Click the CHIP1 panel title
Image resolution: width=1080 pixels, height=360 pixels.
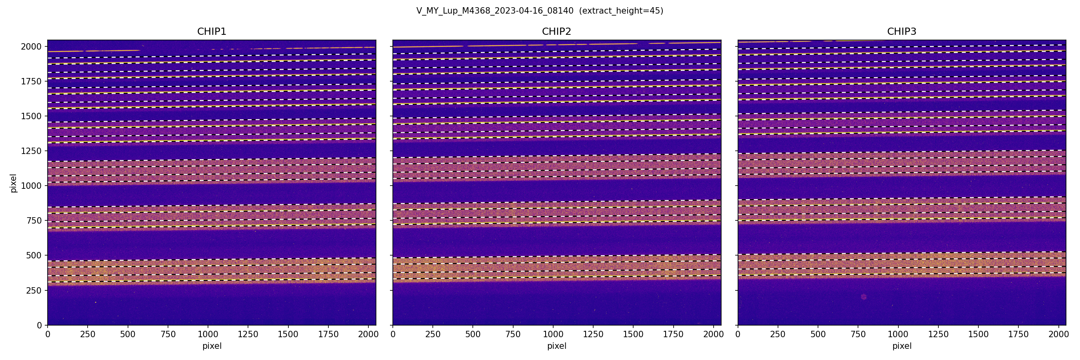click(x=211, y=32)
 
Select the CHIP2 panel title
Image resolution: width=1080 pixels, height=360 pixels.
click(x=556, y=32)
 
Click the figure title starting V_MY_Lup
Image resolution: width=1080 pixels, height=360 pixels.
click(x=495, y=11)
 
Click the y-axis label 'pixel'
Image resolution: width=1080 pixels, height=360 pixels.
click(x=14, y=183)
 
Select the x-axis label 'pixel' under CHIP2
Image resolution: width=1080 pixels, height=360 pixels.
click(x=556, y=346)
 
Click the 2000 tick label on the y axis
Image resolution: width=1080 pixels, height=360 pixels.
click(x=31, y=46)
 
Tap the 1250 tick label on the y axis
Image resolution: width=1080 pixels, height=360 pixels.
click(x=31, y=151)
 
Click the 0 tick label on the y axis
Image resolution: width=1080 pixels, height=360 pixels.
click(x=40, y=325)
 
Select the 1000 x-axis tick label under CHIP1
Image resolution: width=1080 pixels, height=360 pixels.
click(x=208, y=334)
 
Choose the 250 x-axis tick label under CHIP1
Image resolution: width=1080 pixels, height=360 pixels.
click(x=88, y=334)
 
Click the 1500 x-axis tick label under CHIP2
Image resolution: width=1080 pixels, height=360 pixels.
click(x=633, y=334)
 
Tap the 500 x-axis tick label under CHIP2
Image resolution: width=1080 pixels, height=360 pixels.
click(x=473, y=334)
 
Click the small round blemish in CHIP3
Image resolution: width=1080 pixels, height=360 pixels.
click(x=863, y=297)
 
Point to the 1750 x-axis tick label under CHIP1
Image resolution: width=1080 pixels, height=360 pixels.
click(x=328, y=334)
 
